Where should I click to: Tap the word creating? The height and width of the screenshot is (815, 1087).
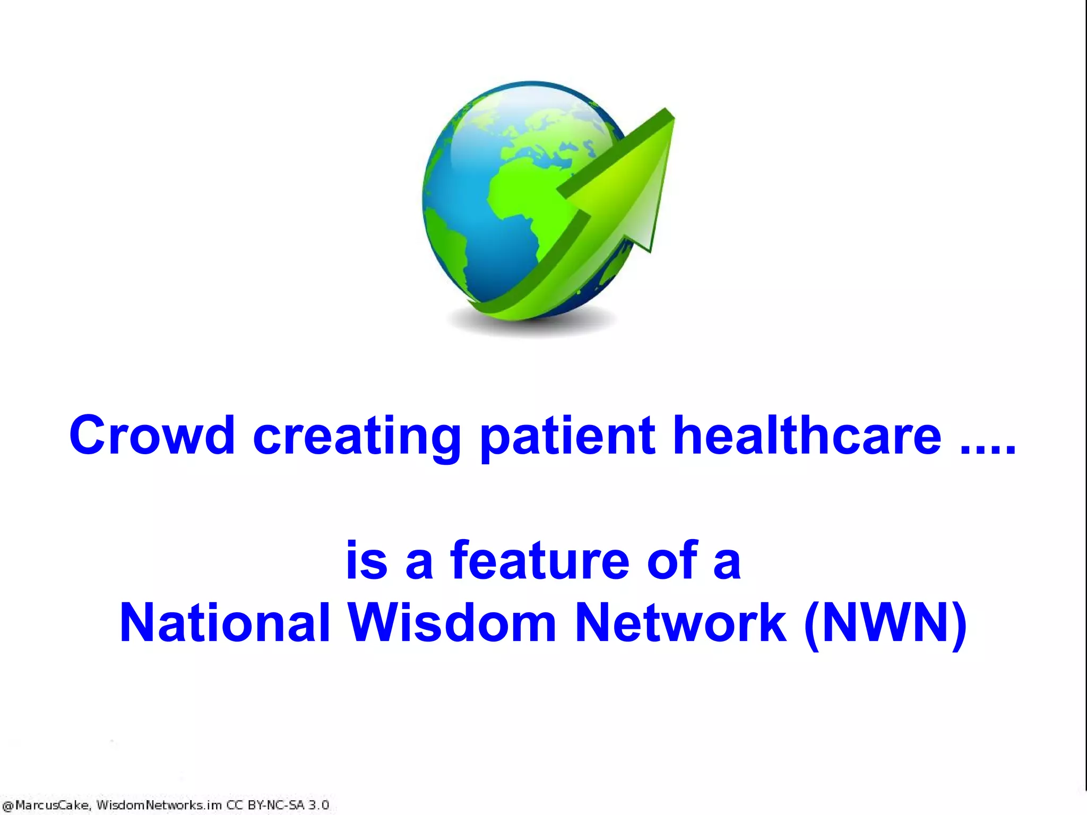tap(357, 436)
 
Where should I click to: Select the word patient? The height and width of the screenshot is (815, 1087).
tap(567, 436)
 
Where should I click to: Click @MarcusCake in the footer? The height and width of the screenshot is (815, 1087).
tap(46, 805)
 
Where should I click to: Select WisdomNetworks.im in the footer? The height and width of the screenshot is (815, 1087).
tap(159, 805)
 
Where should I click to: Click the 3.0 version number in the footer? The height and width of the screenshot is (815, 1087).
tap(318, 805)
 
